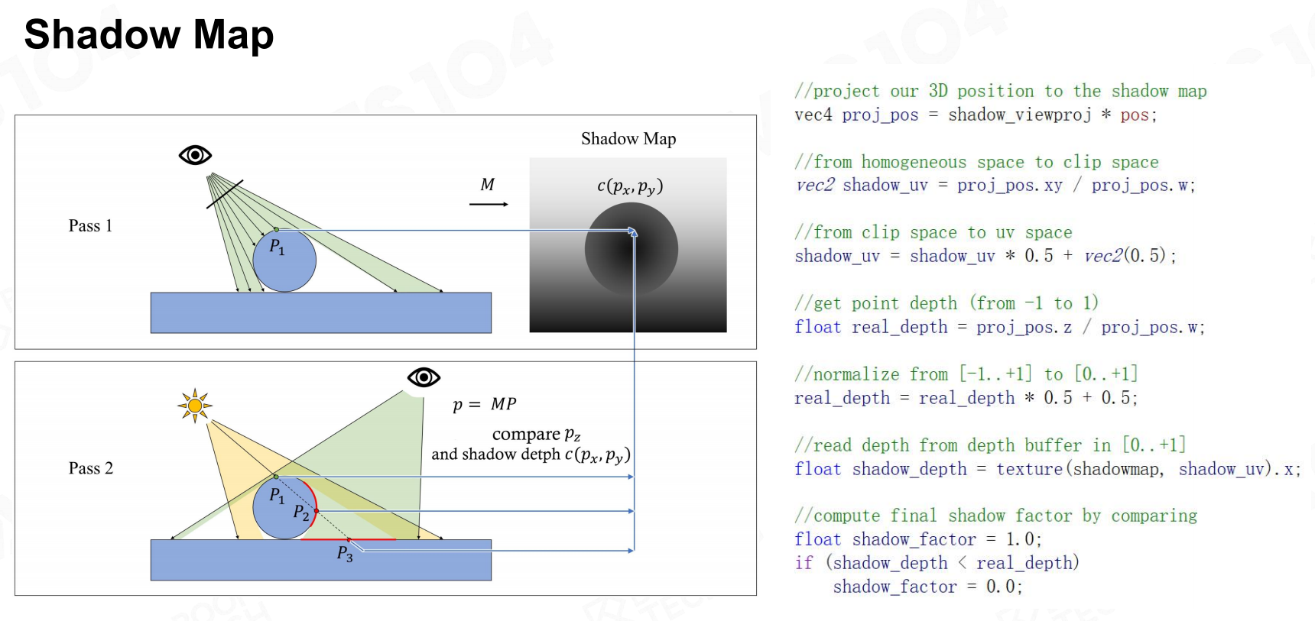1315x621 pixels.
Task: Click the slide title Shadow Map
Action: (x=149, y=35)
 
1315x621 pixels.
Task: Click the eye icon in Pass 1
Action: (x=195, y=155)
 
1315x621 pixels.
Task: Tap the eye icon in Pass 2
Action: (x=424, y=377)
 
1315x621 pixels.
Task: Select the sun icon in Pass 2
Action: (x=195, y=406)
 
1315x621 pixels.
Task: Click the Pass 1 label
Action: (x=90, y=225)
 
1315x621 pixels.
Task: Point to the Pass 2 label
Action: (x=91, y=468)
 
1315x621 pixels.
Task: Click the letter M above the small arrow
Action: (x=488, y=184)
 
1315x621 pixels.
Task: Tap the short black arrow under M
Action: (x=489, y=204)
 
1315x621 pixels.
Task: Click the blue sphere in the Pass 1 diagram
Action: (x=284, y=260)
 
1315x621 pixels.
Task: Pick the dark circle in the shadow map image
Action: (x=632, y=249)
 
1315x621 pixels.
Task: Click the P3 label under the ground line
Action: (x=345, y=553)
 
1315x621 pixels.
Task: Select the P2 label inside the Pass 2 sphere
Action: (x=301, y=513)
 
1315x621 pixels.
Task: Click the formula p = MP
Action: (x=485, y=404)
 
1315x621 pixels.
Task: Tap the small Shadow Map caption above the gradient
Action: (x=628, y=138)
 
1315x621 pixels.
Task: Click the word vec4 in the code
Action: (x=813, y=115)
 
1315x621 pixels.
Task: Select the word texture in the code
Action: (x=1029, y=469)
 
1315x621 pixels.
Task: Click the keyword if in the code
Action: (x=804, y=563)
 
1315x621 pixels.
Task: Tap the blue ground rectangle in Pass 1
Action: (x=321, y=312)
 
